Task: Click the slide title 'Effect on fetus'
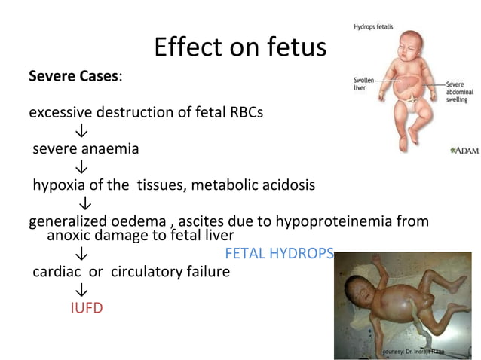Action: tap(240, 47)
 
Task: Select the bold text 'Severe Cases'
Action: tap(72, 77)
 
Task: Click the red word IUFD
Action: tap(87, 308)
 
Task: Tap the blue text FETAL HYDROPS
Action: tap(279, 254)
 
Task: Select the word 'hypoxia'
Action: tap(57, 185)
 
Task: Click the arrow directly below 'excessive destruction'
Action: tap(78, 132)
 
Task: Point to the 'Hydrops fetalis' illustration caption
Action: tap(372, 27)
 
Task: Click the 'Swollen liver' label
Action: tap(365, 84)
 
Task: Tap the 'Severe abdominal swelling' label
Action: tap(459, 92)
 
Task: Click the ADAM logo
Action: tap(461, 151)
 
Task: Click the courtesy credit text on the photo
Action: tap(414, 352)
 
